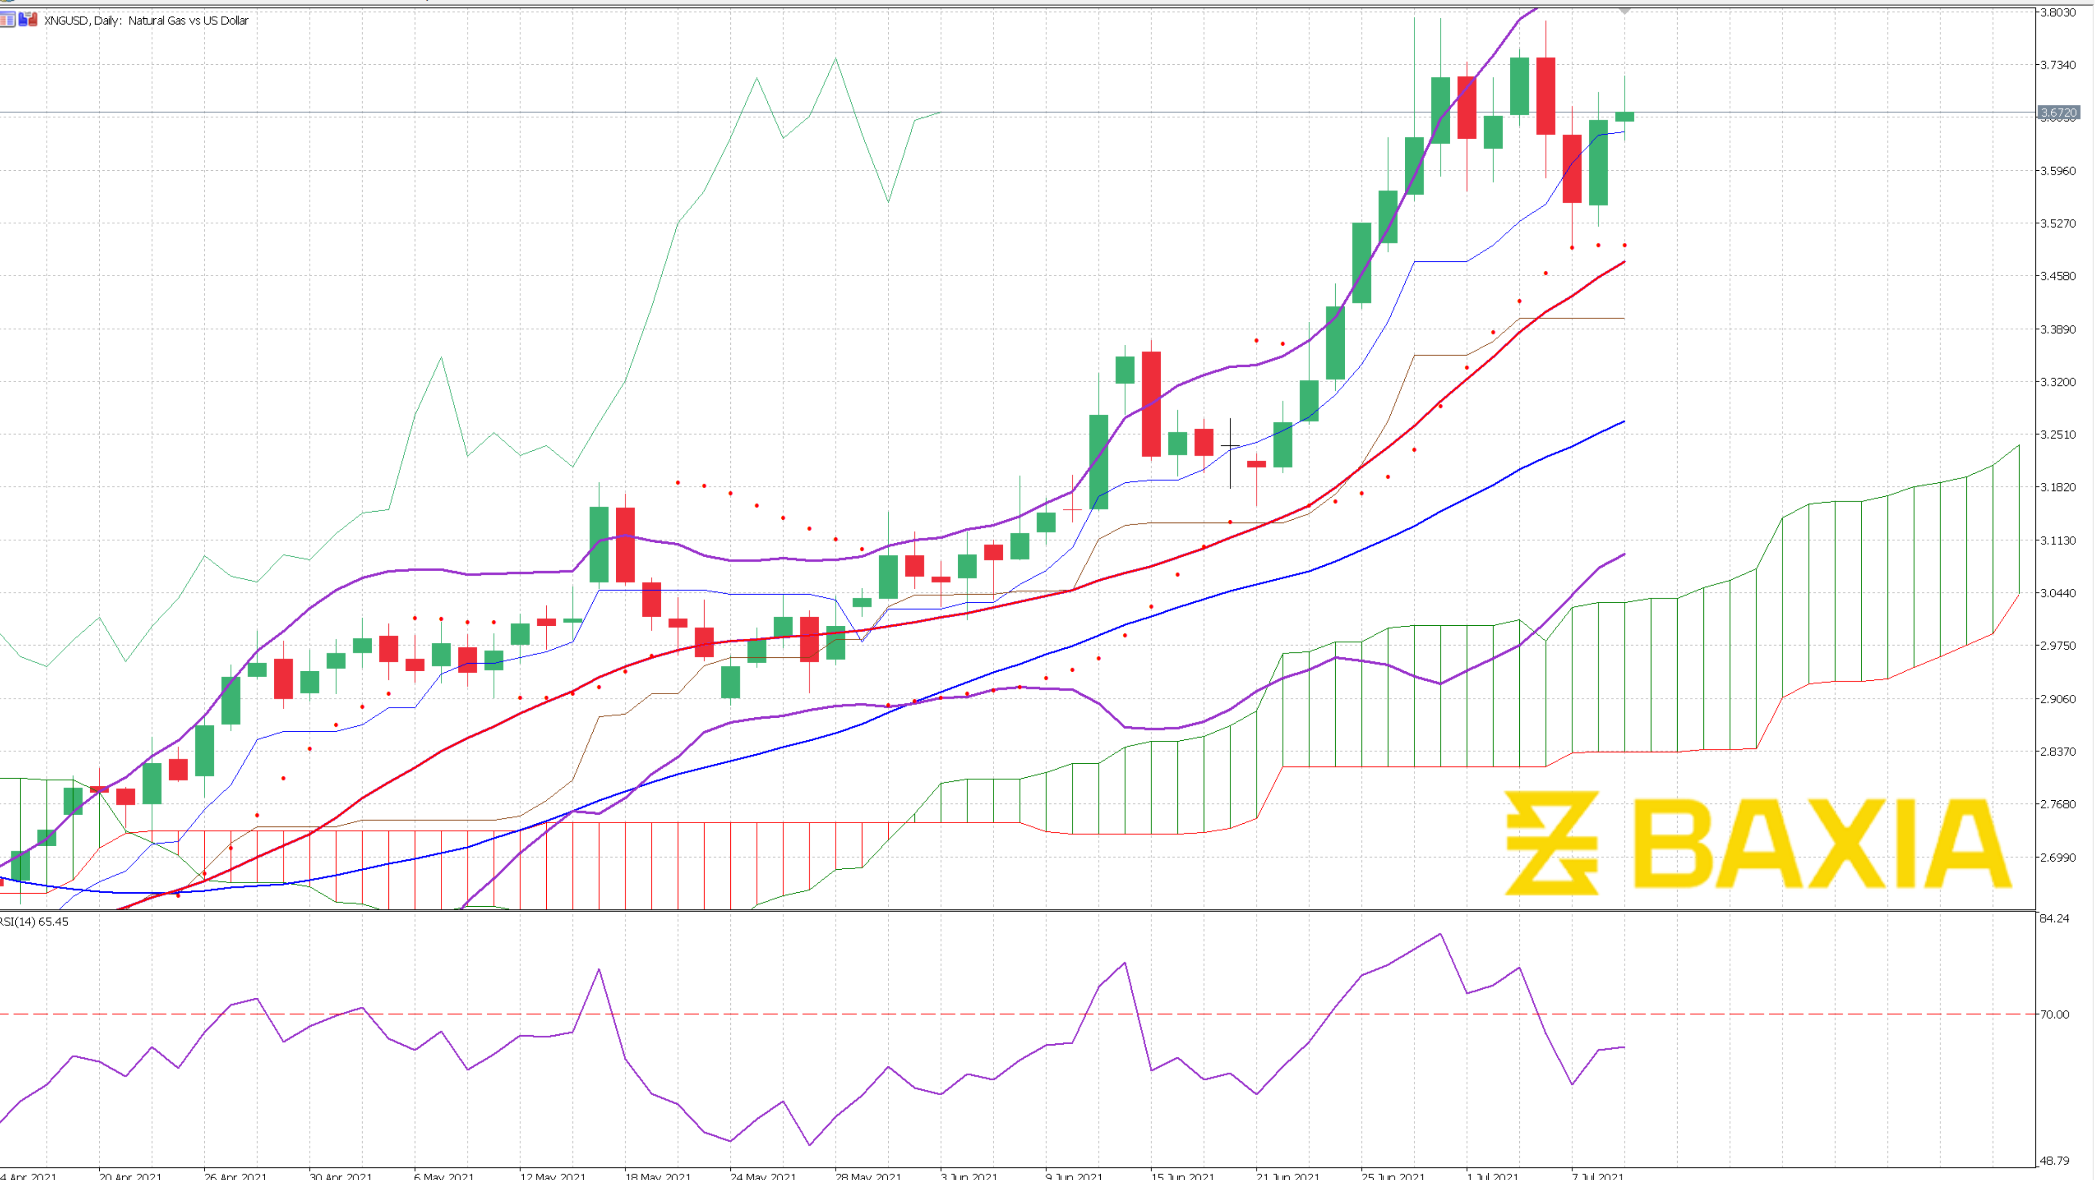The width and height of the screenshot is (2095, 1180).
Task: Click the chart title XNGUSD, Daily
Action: pyautogui.click(x=146, y=20)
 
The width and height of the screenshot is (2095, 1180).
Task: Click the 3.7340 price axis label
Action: pyautogui.click(x=2058, y=65)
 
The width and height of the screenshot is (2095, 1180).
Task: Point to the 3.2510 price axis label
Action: pyautogui.click(x=2058, y=434)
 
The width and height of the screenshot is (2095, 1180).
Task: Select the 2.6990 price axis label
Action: pyautogui.click(x=2058, y=857)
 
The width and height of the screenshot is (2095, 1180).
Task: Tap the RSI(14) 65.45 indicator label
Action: pyautogui.click(x=34, y=921)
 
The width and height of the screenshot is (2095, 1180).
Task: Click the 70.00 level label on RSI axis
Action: pyautogui.click(x=2055, y=1014)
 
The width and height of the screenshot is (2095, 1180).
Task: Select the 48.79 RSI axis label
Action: pyautogui.click(x=2055, y=1160)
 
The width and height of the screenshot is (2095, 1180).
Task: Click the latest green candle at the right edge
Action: pyautogui.click(x=1624, y=116)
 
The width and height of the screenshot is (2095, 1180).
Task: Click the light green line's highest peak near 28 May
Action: pyautogui.click(x=835, y=59)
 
